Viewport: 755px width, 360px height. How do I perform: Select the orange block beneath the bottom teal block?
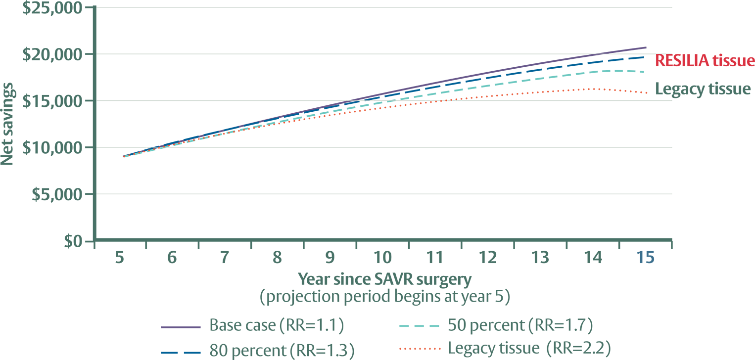[411, 348]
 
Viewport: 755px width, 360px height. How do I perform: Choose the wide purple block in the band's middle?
[376, 88]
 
